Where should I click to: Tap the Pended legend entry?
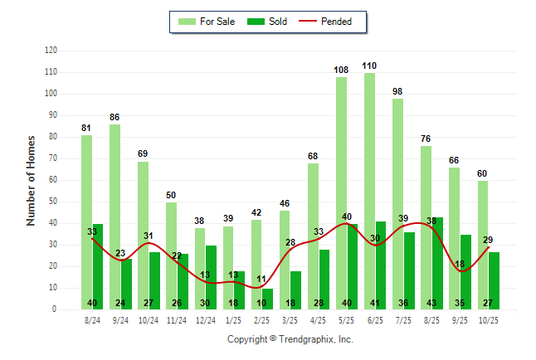pos(329,22)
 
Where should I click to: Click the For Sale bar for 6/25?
pos(369,191)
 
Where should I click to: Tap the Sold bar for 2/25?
pos(268,299)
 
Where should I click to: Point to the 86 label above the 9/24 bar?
pos(115,116)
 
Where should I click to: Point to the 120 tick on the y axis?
pos(51,51)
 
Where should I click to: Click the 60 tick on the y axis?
pos(53,180)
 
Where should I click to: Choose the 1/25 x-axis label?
pos(234,319)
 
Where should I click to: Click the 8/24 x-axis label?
pos(93,319)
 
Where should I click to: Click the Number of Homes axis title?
pos(32,180)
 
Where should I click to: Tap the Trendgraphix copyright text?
pos(290,339)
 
